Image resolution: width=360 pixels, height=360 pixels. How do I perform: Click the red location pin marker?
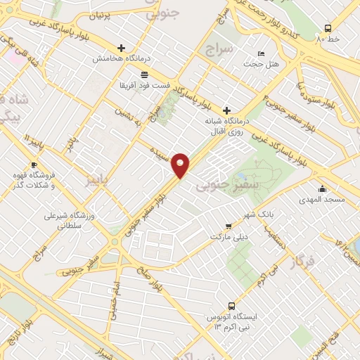point(181,165)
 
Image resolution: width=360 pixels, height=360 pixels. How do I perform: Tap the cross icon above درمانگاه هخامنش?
point(122,49)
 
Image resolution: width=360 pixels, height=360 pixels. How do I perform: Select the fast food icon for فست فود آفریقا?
point(144,74)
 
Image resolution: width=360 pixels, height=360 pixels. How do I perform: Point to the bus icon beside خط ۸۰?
point(328,29)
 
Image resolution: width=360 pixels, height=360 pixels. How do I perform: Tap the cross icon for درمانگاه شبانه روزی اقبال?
point(226,110)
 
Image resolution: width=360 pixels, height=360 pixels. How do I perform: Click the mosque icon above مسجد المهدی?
point(323,188)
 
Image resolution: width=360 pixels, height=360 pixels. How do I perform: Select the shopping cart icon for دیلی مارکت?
point(229,226)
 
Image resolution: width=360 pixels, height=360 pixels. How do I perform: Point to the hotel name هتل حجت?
point(257,64)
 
